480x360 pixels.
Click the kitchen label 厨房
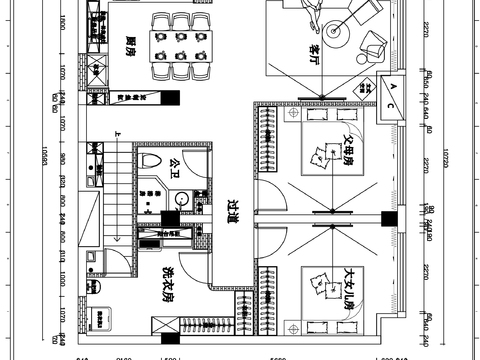pyautogui.click(x=131, y=44)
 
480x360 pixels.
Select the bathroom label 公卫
pyautogui.click(x=175, y=167)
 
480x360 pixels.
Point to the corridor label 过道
pyautogui.click(x=233, y=210)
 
